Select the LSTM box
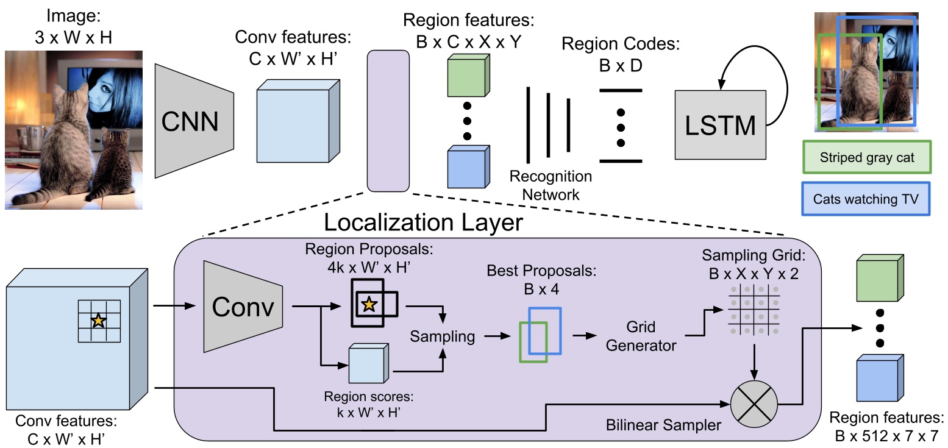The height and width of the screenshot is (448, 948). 720,126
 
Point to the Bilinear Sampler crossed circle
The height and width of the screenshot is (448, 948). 754,405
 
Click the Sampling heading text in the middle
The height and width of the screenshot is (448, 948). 442,336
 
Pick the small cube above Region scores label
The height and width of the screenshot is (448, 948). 368,364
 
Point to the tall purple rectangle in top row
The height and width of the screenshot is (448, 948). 388,120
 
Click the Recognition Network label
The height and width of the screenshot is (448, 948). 551,186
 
